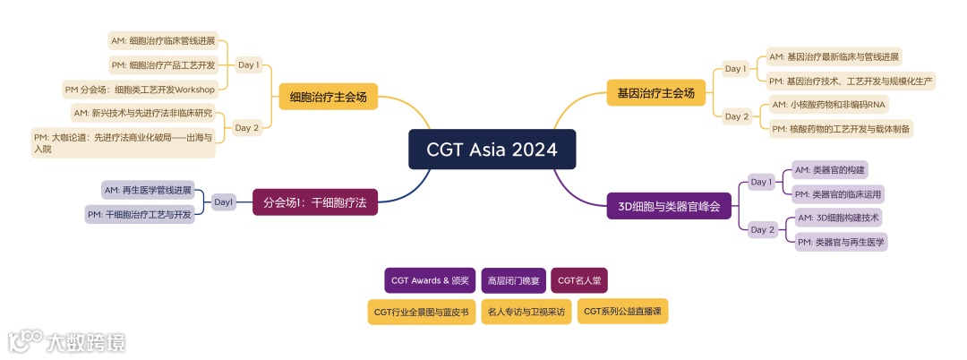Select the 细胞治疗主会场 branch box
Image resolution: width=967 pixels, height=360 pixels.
328,97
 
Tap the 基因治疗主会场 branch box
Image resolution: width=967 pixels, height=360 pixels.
656,92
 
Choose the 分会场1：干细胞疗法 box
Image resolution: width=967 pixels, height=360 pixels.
314,202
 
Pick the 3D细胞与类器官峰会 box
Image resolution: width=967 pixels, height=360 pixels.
669,205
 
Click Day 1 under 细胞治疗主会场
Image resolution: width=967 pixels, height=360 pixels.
248,65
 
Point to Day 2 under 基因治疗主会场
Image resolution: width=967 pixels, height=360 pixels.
737,116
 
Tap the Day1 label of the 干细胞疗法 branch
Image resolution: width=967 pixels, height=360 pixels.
224,202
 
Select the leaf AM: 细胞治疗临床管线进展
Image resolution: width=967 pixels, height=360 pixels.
163,41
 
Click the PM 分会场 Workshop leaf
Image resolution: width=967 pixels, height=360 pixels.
141,90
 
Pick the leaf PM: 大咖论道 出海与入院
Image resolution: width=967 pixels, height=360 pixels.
124,143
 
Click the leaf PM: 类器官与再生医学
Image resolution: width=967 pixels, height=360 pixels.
842,242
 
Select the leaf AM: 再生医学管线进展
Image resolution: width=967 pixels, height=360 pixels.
148,190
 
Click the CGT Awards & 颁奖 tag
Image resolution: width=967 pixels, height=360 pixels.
430,280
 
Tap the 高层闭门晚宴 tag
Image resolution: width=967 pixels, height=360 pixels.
513,280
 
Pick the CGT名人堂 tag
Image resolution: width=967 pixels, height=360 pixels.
579,280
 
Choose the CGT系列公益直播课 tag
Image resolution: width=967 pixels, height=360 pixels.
622,311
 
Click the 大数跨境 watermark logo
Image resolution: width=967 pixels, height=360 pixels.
67,341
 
